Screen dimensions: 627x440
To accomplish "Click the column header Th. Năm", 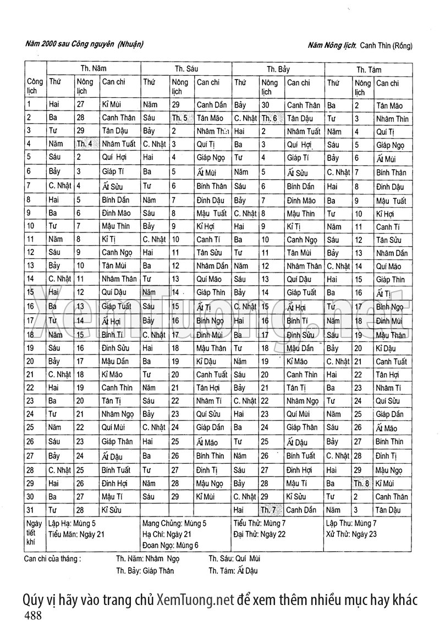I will [94, 69].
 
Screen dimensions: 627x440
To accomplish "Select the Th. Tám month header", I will [369, 70].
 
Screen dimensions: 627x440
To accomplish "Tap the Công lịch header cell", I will [35, 86].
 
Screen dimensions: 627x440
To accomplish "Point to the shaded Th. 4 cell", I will [84, 144].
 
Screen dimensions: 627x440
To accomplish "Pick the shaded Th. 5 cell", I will [179, 118].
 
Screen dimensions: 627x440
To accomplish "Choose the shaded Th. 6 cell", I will [269, 118].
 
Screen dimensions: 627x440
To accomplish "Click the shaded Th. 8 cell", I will [361, 483].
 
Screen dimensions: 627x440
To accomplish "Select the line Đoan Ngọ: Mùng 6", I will [167, 545].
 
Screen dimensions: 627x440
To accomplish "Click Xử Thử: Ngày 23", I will [351, 534].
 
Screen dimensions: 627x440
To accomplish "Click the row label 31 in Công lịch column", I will [30, 509].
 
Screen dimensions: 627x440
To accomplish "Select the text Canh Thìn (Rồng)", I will [387, 47].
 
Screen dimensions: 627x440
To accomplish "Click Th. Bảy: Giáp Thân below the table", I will [145, 570].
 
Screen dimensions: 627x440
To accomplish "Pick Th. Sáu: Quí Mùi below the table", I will [234, 558].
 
